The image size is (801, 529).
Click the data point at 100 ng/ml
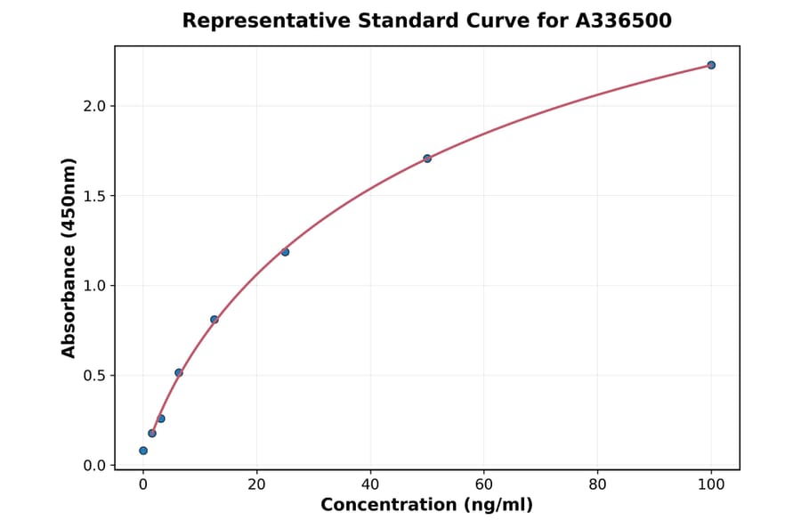(711, 65)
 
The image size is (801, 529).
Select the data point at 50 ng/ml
(427, 159)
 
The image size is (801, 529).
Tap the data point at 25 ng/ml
(285, 252)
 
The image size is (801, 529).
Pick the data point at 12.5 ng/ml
(214, 320)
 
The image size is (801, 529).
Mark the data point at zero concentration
(143, 451)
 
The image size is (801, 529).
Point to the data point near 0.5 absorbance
(179, 372)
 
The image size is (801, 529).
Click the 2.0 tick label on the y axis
(94, 106)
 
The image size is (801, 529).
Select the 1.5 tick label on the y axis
(94, 196)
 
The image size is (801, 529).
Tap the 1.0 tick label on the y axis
(94, 286)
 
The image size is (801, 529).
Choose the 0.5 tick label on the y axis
(94, 376)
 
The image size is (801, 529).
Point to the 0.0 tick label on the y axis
(94, 466)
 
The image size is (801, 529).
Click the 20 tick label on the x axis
(256, 484)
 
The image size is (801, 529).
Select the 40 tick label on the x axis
(370, 484)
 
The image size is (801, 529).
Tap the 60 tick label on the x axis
(484, 484)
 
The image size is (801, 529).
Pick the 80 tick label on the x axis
(597, 484)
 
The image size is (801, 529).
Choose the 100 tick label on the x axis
(711, 484)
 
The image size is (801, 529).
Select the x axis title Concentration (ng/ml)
(426, 506)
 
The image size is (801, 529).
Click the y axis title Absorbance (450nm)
(69, 257)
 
